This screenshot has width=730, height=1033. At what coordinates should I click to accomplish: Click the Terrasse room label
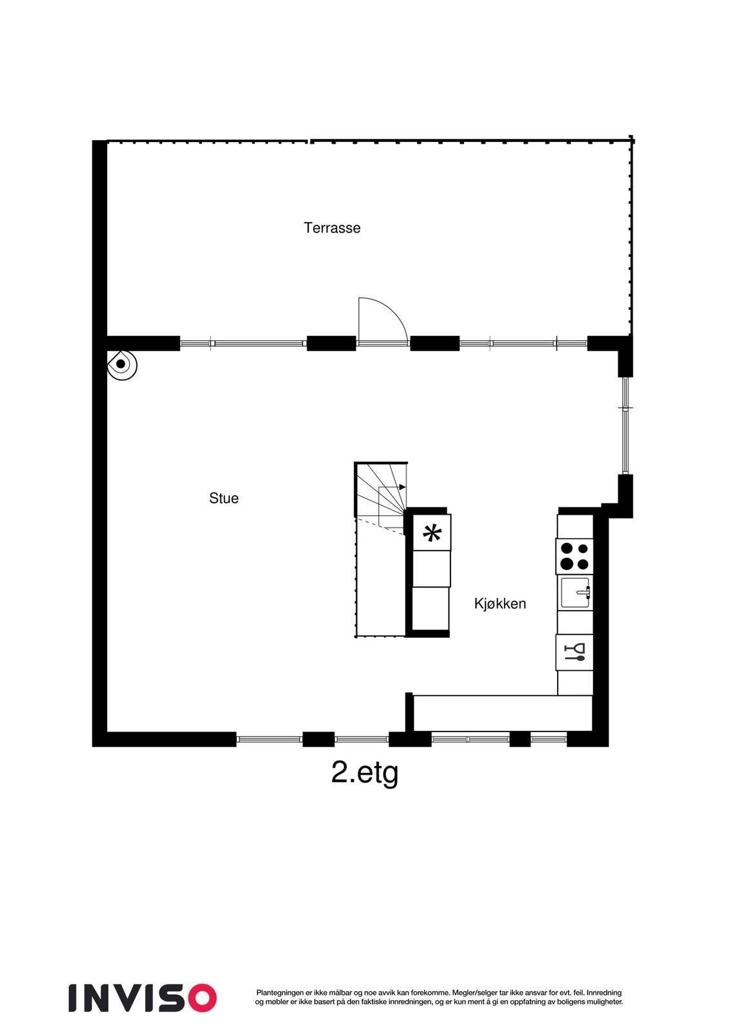[332, 228]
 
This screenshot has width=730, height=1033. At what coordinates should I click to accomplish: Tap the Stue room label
[223, 498]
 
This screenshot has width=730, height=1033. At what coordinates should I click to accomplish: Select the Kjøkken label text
[500, 604]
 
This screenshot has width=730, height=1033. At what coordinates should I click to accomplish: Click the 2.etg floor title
[364, 772]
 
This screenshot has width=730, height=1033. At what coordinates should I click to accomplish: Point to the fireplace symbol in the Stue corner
[121, 364]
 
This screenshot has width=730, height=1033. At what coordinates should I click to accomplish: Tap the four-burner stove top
[574, 556]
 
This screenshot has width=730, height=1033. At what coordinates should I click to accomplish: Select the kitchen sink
[574, 593]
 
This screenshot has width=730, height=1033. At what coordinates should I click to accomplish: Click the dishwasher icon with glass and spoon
[574, 653]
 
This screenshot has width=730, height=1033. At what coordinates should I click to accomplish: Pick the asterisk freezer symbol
[432, 534]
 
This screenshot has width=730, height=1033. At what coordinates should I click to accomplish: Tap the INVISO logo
[143, 997]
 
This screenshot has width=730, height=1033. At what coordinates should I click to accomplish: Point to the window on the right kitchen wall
[625, 425]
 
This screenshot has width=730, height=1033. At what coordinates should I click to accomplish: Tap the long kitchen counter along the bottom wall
[502, 713]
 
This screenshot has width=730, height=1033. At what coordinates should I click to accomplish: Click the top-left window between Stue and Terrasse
[242, 343]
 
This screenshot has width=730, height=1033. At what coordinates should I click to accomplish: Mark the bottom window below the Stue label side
[269, 739]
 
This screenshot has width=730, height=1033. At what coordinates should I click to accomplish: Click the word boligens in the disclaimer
[568, 1002]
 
